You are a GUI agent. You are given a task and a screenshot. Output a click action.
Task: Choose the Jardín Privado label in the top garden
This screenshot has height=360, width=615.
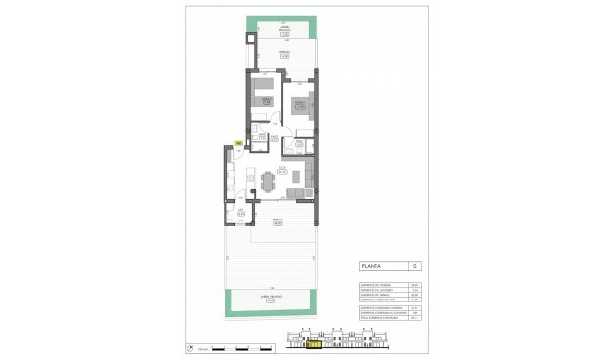point(284,30)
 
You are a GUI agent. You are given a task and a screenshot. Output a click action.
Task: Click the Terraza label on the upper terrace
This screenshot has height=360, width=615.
point(284,55)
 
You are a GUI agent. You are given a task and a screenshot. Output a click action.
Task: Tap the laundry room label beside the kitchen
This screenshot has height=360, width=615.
point(240,212)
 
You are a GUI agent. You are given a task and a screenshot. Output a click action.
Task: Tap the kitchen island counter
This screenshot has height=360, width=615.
point(248,180)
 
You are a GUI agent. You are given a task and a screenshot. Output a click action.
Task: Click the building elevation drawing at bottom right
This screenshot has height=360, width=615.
point(337,340)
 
